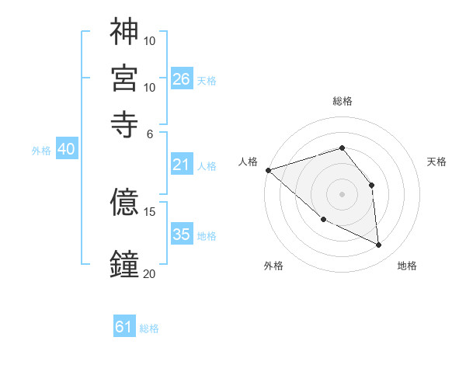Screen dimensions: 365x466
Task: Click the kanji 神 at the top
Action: [x=124, y=32]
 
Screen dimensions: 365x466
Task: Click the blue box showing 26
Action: [x=182, y=79]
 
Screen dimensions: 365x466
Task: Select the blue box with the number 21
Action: [x=181, y=165]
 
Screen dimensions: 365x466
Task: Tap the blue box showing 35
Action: [x=182, y=235]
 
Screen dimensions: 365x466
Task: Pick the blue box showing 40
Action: [x=66, y=149]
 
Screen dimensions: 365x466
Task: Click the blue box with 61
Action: [x=123, y=327]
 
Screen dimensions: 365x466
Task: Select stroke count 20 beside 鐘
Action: [x=150, y=273]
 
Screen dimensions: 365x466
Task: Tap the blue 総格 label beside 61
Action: [x=149, y=328]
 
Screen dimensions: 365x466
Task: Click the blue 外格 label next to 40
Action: [x=41, y=151]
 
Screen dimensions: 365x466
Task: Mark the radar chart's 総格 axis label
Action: [x=343, y=101]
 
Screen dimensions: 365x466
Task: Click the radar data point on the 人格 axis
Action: [x=268, y=170]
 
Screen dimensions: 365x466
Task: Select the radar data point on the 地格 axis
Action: [x=379, y=245]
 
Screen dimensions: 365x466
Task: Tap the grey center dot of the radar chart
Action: [x=343, y=193]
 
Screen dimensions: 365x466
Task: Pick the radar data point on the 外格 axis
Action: [x=323, y=220]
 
